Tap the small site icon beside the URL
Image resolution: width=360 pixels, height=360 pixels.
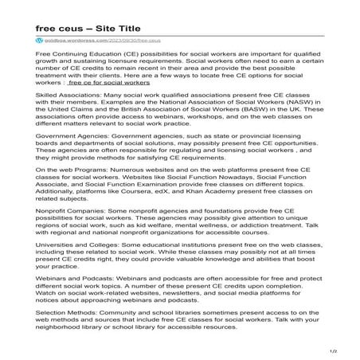click(38, 39)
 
